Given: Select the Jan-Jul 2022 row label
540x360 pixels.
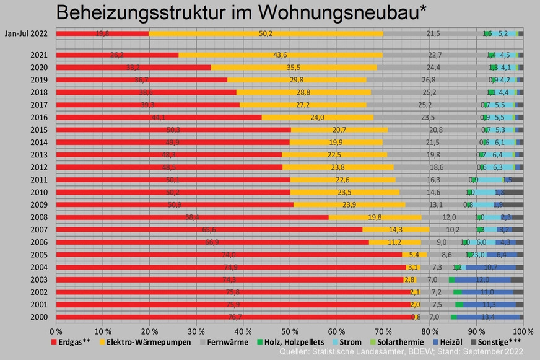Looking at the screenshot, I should pyautogui.click(x=27, y=33).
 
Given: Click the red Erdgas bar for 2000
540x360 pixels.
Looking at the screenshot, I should pyautogui.click(x=235, y=317).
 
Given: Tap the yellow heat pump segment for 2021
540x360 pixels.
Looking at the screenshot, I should pyautogui.click(x=280, y=55).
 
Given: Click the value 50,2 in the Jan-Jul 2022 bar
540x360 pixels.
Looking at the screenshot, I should pyautogui.click(x=266, y=33).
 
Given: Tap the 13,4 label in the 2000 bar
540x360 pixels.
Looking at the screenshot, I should pyautogui.click(x=488, y=317).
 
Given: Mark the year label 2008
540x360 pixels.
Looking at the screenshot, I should pyautogui.click(x=38, y=217).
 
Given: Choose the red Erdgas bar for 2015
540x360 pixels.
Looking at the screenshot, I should pyautogui.click(x=173, y=130).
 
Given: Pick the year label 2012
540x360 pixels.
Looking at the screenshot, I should pyautogui.click(x=38, y=167).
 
